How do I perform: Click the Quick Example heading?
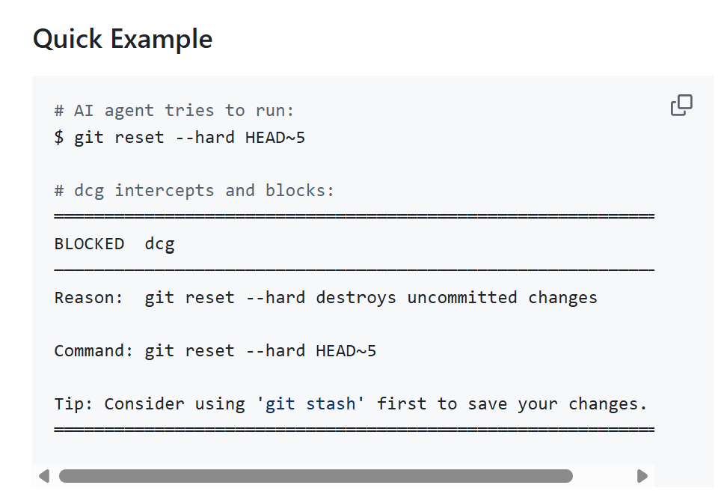[123, 39]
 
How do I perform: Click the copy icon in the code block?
[681, 106]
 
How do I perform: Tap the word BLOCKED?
[89, 244]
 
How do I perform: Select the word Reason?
[88, 297]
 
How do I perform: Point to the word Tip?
[73, 403]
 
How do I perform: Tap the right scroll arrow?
[642, 476]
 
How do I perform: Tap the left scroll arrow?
[44, 476]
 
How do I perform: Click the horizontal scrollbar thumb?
[316, 476]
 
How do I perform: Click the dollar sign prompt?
[59, 138]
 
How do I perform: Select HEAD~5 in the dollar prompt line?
[275, 138]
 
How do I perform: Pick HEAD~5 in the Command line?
[346, 350]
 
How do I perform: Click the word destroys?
[356, 299]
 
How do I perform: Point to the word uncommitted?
[461, 297]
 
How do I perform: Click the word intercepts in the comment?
[165, 191]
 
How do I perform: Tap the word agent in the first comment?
[129, 112]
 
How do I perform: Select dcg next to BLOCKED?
[160, 245]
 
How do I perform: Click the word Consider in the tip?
[144, 403]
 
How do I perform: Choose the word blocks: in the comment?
[300, 191]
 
